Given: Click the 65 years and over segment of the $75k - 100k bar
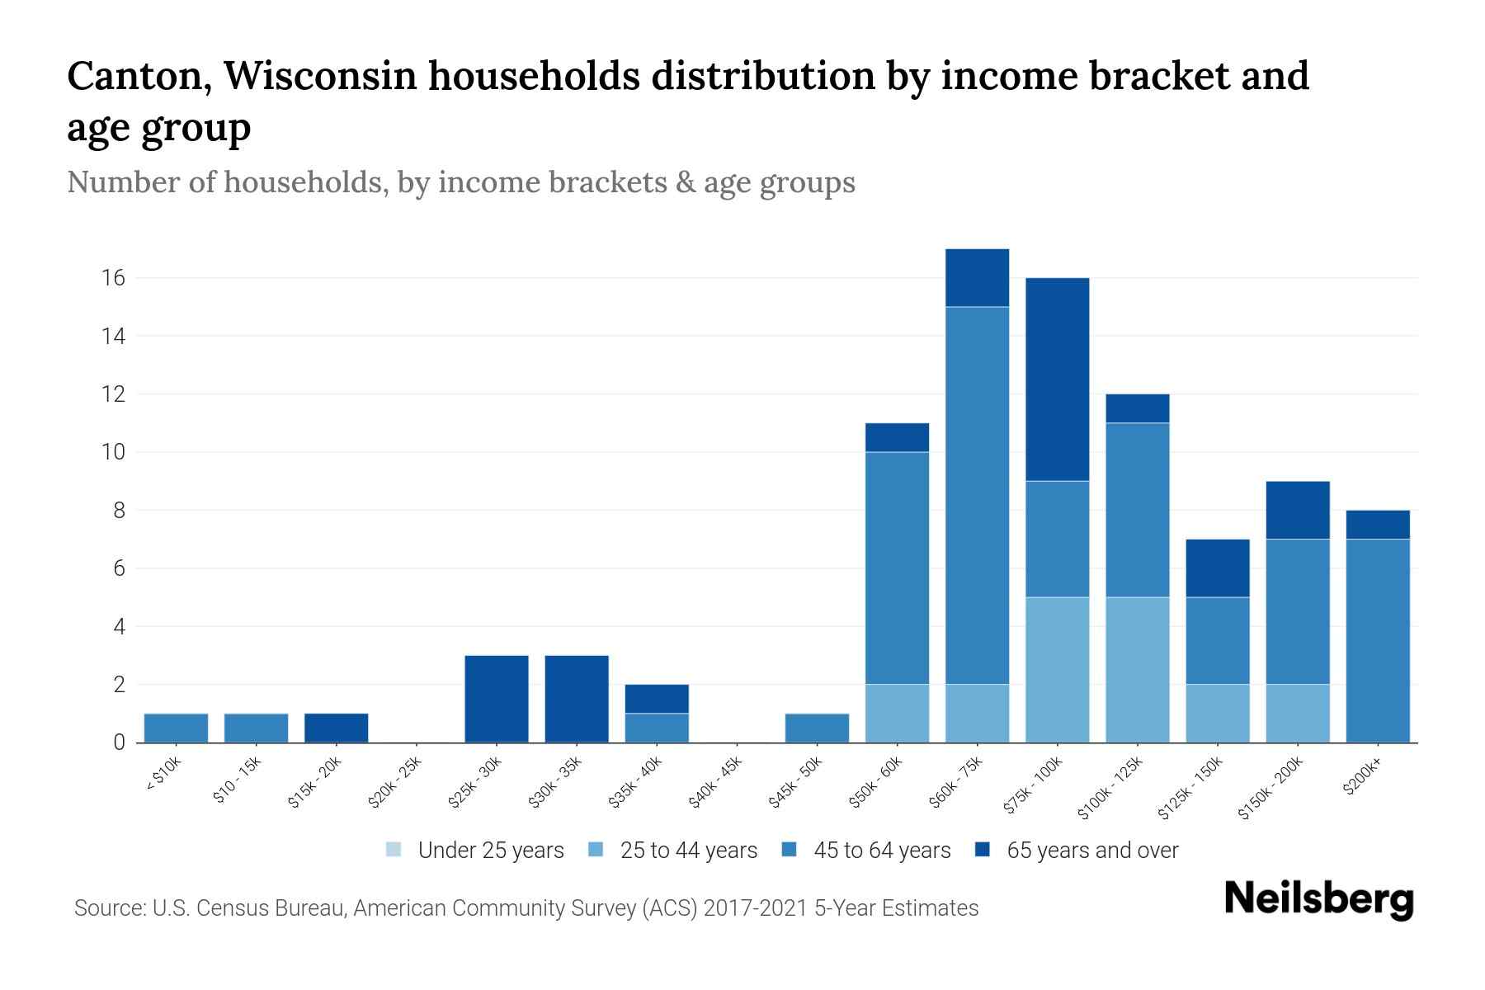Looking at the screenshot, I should coord(1057,379).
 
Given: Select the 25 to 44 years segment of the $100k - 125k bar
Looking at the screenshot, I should coord(1137,670).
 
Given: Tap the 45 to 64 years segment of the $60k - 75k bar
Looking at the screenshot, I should coord(977,495).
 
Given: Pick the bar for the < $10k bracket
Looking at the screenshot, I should coord(176,728).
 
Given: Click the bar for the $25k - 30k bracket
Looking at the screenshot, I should coord(497,699).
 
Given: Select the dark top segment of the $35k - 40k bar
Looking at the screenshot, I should coord(657,699).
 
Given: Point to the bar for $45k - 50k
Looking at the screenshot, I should coord(817,728).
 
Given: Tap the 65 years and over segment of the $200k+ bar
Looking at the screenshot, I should coord(1377,525).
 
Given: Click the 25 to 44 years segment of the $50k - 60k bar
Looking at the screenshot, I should coord(897,714).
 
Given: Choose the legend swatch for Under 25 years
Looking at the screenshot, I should coord(394,850).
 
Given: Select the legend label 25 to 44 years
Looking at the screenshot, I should coord(688,850).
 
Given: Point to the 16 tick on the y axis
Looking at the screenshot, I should coord(114,278).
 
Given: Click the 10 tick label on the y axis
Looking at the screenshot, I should coord(114,452).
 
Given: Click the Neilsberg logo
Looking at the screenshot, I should coord(1318,899).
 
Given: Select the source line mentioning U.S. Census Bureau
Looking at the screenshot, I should coord(526,908).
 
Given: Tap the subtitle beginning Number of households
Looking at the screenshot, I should coord(460,182).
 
